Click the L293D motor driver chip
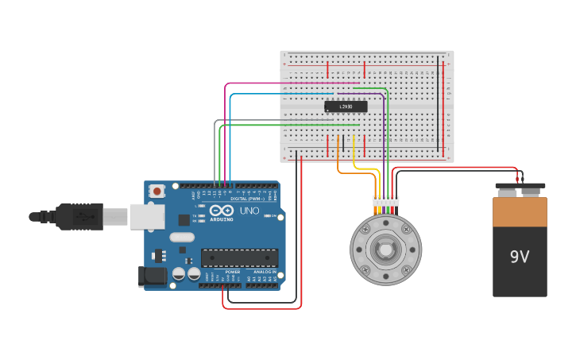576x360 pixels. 346,106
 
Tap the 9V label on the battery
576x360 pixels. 520,257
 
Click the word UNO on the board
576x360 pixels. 249,211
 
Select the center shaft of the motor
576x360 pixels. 385,250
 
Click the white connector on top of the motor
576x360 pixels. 386,201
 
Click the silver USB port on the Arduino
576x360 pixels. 147,216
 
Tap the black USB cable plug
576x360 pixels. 79,216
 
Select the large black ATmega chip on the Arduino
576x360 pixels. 239,257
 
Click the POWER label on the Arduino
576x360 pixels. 233,272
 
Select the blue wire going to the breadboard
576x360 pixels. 278,94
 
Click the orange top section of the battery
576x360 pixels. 520,211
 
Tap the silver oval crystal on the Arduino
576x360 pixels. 181,237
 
